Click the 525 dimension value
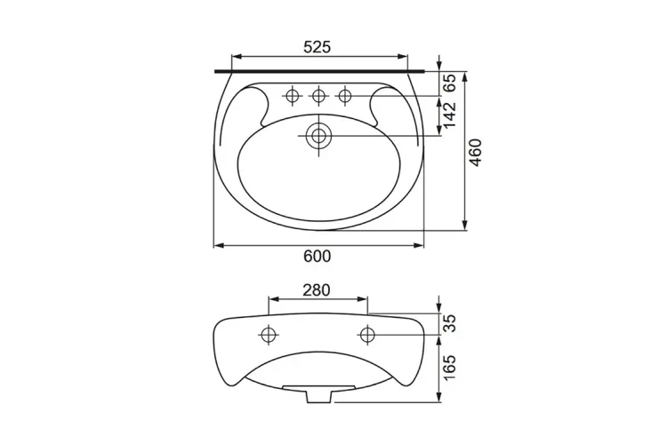point(317,47)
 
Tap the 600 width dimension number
point(317,257)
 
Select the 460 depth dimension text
point(475,153)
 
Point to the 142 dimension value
point(449,115)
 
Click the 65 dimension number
point(449,83)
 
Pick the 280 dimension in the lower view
point(317,289)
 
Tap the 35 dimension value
point(449,323)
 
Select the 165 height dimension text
point(449,368)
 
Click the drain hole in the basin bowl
point(318,136)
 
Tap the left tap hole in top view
point(292,96)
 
